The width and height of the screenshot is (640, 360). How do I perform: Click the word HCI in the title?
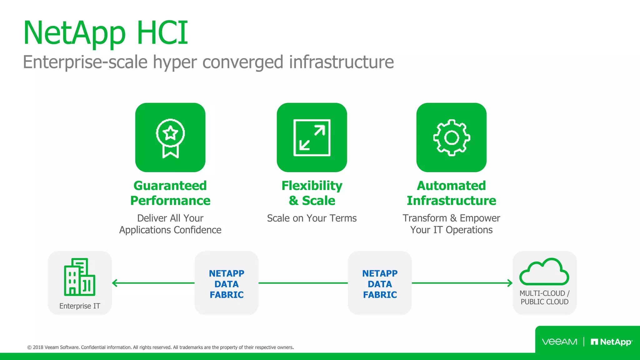point(162,33)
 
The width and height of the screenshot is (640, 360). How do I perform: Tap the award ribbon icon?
point(170,138)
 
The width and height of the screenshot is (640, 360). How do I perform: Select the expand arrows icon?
point(312,137)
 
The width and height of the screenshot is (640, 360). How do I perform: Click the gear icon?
point(452,137)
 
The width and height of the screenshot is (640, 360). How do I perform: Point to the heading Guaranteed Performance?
point(170,193)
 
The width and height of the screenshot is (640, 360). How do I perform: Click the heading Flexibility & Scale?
point(312,193)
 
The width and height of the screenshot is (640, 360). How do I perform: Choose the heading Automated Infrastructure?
point(452,193)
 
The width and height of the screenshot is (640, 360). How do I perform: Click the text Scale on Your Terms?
point(312,218)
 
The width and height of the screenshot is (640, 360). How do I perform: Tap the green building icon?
point(79,277)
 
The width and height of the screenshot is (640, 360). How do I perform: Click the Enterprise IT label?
point(80,306)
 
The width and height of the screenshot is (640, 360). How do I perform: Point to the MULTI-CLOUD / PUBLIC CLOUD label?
point(544,297)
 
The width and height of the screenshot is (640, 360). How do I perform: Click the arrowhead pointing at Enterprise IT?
point(114,283)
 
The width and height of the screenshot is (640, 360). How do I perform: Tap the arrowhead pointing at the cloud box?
point(510,283)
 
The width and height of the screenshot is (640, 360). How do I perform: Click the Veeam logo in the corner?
point(559,342)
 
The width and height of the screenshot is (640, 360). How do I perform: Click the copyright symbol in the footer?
point(29,347)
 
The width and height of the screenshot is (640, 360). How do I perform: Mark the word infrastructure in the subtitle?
point(341,62)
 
